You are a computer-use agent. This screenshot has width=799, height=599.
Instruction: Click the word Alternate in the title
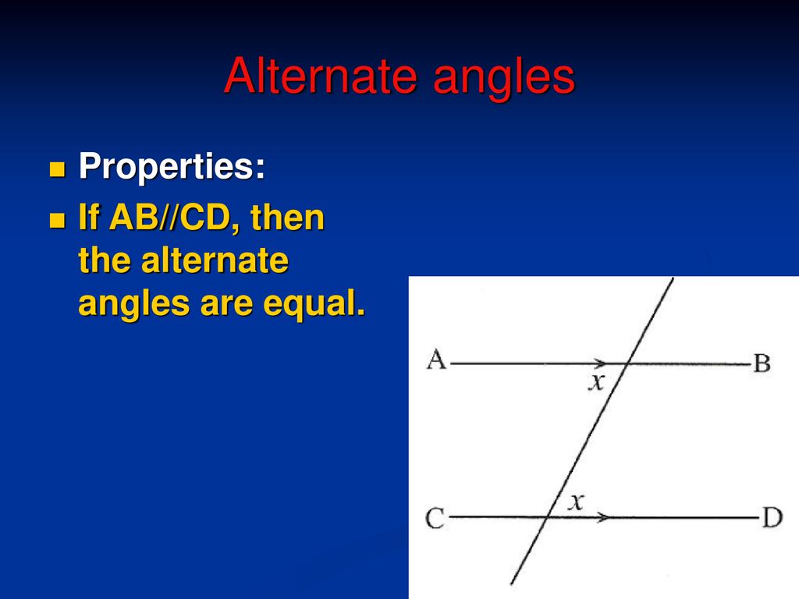coord(321,76)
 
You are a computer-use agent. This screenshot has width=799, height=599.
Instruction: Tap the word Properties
coord(172,167)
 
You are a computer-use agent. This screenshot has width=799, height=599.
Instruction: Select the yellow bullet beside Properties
coord(58,169)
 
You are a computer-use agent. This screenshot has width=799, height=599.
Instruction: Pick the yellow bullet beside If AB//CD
coord(58,220)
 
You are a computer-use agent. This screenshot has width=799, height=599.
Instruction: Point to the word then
coord(287,218)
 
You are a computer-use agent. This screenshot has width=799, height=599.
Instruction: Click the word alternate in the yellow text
coord(215,261)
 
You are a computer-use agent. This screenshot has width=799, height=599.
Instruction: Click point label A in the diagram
coord(436,360)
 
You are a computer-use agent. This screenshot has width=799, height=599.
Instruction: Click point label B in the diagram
coord(762,363)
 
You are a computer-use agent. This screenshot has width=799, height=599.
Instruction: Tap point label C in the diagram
coord(435,519)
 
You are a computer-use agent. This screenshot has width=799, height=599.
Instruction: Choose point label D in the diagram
coord(772,518)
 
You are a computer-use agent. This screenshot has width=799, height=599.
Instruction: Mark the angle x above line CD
coord(576,502)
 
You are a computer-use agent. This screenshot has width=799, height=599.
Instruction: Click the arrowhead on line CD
coord(602,518)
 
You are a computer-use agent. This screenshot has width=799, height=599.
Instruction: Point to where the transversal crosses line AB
coord(627,363)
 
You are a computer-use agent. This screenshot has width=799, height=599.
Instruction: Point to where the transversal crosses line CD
coord(547,518)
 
